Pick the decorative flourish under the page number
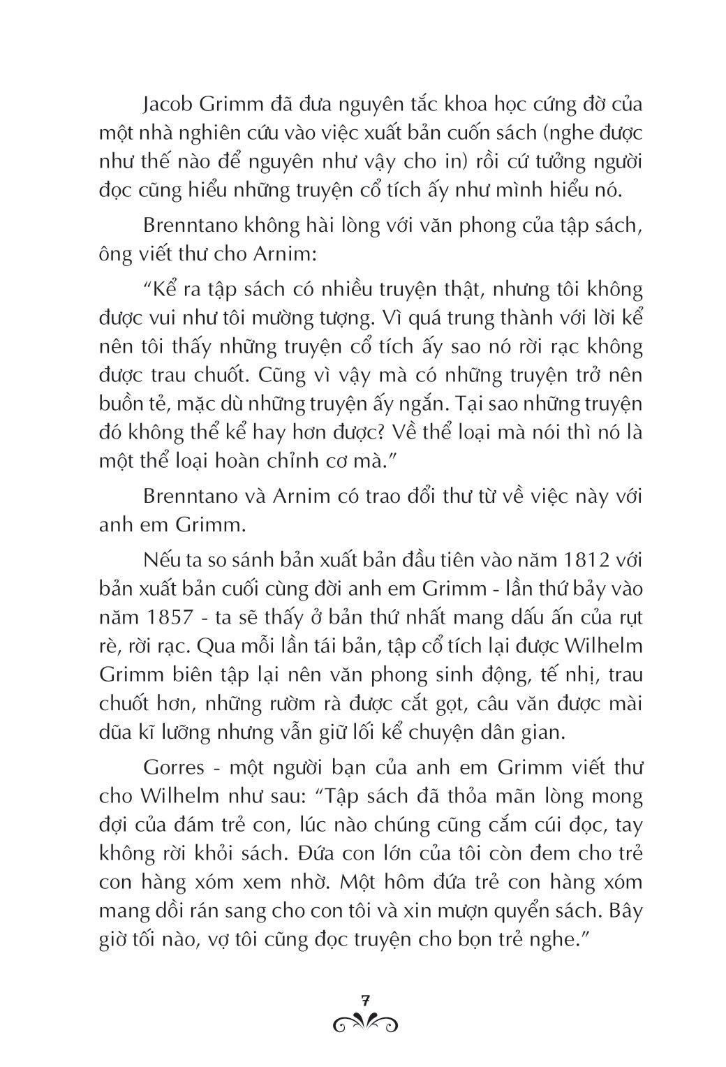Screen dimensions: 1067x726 click(364, 1022)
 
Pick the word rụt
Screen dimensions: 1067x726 click(612, 618)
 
